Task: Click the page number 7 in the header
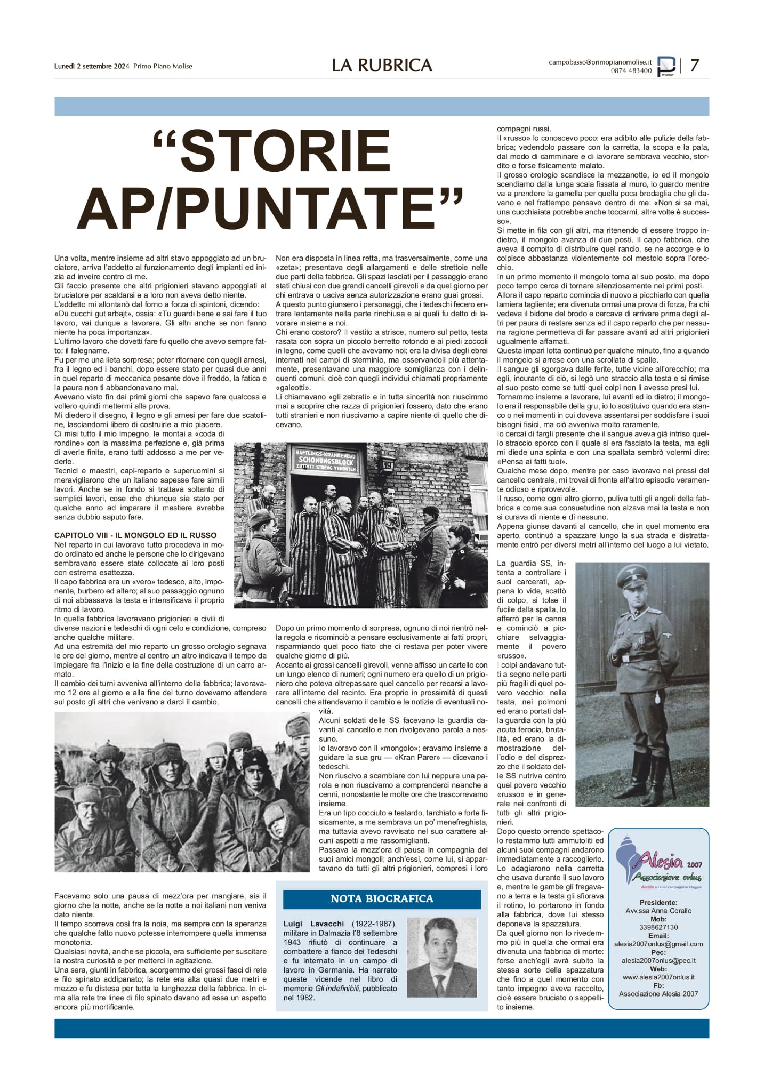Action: pos(694,66)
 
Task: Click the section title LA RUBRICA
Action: pos(382,66)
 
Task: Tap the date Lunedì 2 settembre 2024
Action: pos(92,66)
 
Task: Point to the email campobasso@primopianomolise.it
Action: pos(600,62)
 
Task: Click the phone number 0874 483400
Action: pos(631,71)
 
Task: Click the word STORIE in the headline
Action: pos(272,151)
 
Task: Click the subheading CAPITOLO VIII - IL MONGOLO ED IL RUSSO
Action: pos(135,535)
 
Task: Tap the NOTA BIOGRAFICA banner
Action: pos(382,898)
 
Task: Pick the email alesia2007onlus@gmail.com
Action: pos(658,944)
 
